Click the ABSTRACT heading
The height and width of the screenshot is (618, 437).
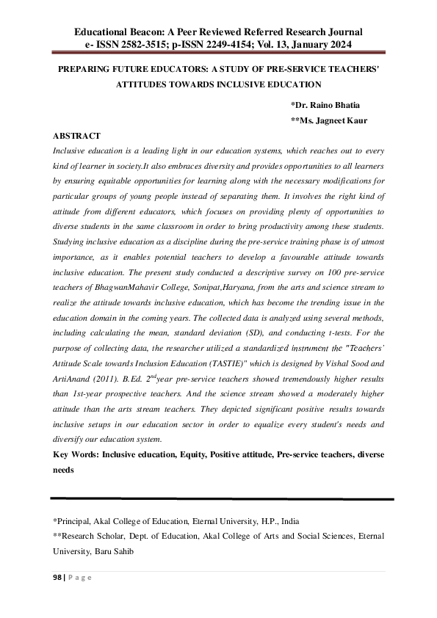pos(76,137)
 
